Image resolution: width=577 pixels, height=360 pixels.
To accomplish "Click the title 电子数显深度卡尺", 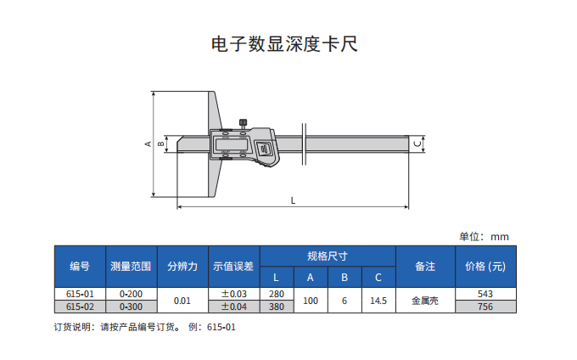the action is [284, 44].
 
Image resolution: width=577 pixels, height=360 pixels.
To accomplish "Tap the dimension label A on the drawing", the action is [148, 144].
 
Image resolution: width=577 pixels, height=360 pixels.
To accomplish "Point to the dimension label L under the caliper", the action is [293, 200].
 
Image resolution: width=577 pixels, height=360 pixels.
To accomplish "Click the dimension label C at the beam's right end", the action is [417, 144].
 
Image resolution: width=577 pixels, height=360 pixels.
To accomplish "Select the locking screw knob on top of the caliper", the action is [243, 122].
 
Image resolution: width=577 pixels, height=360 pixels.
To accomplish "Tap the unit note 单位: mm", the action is [484, 237].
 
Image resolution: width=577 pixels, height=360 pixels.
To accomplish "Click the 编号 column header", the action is [80, 266].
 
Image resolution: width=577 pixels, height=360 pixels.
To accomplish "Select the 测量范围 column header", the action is [131, 266].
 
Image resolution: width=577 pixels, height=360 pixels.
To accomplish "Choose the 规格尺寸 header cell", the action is [328, 256].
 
